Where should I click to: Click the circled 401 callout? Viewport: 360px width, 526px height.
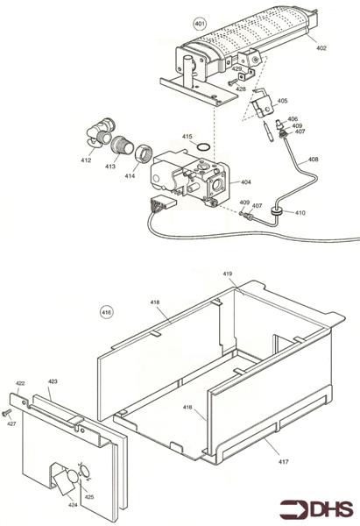coord(200,24)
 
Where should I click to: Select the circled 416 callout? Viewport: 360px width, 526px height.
coord(107,312)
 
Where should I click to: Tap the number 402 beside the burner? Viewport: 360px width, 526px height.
coord(321,48)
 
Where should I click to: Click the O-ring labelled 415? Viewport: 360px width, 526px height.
coord(203,147)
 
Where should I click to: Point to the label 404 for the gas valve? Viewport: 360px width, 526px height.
coord(246,182)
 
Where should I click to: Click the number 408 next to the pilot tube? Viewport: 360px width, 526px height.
coord(313,160)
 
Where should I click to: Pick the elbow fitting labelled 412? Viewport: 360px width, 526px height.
coord(100,133)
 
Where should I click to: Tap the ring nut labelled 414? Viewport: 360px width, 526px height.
coord(144,154)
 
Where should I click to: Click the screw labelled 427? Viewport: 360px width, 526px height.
coord(6,413)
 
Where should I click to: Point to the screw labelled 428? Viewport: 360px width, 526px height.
coord(232,82)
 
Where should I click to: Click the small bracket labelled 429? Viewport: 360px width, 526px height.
coord(246,75)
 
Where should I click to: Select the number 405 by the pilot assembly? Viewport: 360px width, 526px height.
coord(282,101)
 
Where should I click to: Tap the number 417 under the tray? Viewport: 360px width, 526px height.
coord(284,462)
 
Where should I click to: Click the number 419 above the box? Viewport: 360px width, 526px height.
coord(227,274)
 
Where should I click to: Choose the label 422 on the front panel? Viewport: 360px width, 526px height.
coord(20,383)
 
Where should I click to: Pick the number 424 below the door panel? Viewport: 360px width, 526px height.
coord(73,505)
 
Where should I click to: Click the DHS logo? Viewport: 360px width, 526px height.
coord(316,509)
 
